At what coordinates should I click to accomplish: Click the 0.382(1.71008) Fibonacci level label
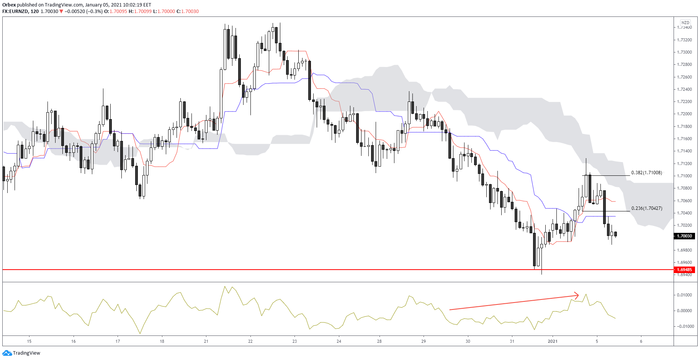point(646,173)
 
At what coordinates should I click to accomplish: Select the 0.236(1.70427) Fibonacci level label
point(646,208)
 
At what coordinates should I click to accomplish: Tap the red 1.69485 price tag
point(685,270)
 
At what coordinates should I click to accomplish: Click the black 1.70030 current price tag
point(685,236)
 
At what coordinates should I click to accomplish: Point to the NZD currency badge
point(685,23)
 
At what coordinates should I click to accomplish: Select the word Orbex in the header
point(9,5)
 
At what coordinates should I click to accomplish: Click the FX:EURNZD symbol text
point(15,11)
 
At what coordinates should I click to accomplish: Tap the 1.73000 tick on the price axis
point(685,52)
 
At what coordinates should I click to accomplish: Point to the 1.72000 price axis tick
point(685,114)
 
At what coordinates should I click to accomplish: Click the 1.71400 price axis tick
point(685,151)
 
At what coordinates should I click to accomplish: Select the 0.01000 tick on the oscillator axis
point(685,295)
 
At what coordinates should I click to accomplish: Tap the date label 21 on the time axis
point(206,341)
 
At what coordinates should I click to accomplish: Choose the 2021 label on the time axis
point(553,341)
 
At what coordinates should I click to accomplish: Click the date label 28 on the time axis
point(379,341)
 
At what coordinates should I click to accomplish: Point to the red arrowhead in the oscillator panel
point(576,295)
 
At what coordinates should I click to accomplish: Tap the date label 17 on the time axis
point(118,341)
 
